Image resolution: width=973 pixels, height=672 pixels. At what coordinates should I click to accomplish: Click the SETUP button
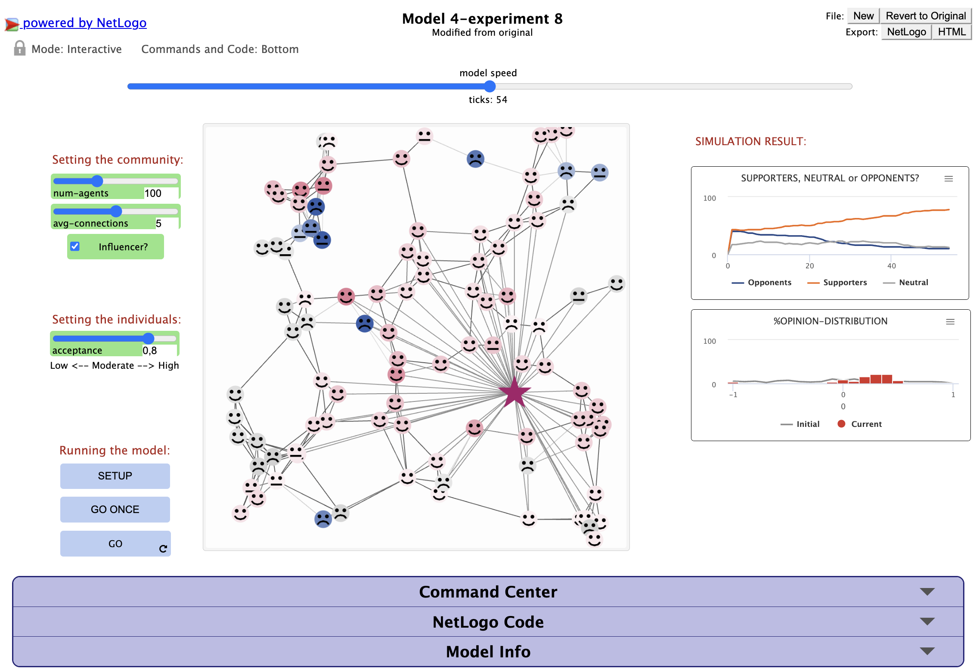[115, 476]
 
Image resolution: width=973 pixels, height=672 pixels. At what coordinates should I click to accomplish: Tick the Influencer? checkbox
[75, 246]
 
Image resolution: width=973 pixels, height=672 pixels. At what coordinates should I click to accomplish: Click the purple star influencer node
[514, 392]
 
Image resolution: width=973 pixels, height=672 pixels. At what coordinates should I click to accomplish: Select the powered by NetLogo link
[84, 22]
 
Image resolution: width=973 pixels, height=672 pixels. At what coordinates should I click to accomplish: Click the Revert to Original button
[926, 16]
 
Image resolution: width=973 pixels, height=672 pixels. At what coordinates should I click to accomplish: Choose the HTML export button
[952, 32]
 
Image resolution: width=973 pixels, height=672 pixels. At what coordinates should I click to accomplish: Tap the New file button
[863, 16]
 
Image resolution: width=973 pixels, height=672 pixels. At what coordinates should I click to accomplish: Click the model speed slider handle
[490, 86]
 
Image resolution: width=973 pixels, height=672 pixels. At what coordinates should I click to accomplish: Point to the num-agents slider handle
[97, 181]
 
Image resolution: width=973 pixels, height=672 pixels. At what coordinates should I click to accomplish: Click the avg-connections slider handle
[116, 211]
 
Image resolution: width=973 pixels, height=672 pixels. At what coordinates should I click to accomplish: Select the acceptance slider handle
[148, 338]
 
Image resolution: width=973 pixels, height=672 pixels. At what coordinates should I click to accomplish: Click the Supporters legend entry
[837, 283]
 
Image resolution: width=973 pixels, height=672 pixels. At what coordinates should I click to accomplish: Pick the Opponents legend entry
[761, 283]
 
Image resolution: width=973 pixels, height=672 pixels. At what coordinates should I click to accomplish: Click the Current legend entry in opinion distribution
[860, 424]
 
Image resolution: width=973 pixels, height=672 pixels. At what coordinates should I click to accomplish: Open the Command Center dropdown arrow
[927, 591]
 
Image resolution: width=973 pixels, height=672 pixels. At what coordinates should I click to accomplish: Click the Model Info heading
[488, 652]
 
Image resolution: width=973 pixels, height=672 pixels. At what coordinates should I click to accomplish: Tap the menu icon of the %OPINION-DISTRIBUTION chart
[950, 322]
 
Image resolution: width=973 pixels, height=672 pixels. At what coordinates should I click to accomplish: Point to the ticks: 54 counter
[488, 100]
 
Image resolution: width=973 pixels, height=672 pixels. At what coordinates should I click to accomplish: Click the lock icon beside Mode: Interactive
[19, 48]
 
